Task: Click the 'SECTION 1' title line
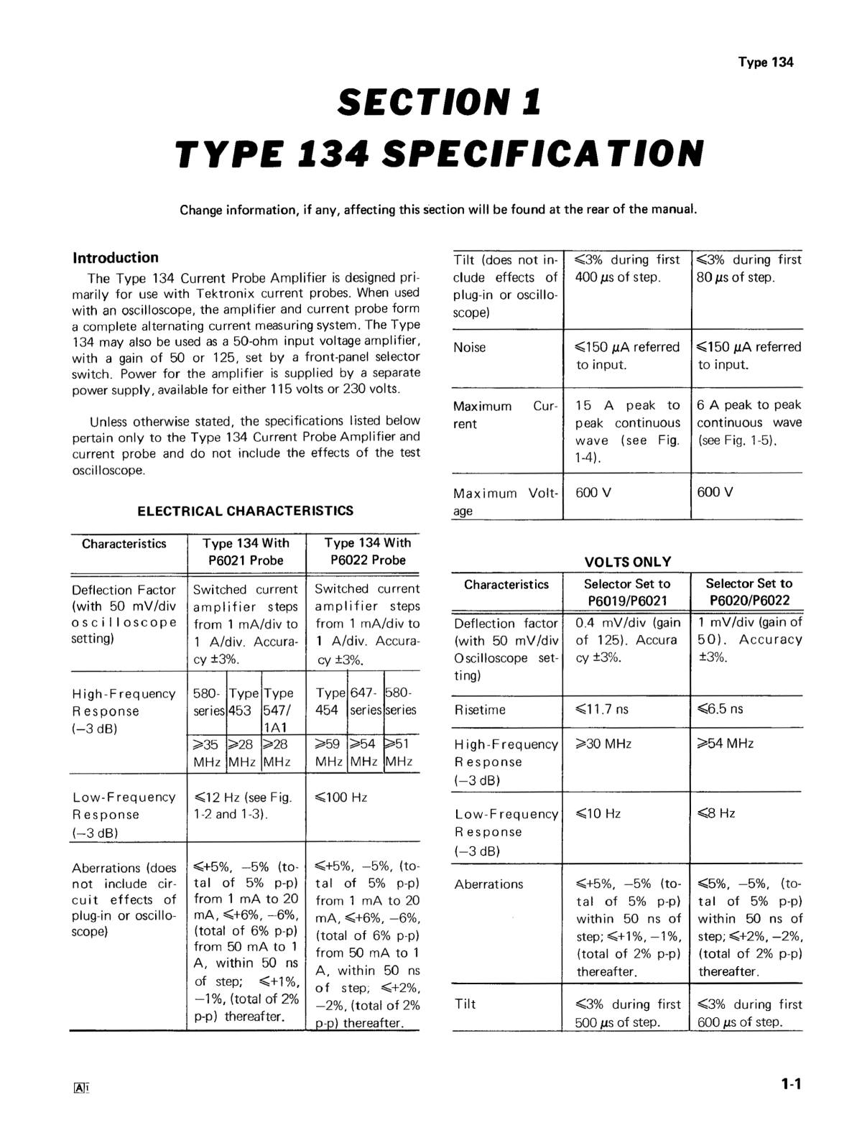[x=438, y=102]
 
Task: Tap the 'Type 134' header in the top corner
[x=765, y=63]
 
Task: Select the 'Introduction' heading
[x=116, y=258]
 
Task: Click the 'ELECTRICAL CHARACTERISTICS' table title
[x=246, y=511]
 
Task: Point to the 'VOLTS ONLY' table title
[x=628, y=562]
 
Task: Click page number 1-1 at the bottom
[x=791, y=1085]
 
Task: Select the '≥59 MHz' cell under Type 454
[x=328, y=753]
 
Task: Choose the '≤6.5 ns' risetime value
[x=720, y=710]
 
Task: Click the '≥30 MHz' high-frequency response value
[x=603, y=744]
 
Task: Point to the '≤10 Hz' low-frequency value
[x=598, y=814]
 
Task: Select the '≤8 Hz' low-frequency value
[x=716, y=814]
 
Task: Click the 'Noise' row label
[x=470, y=348]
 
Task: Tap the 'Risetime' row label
[x=480, y=711]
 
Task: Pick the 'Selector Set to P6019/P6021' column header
[x=626, y=592]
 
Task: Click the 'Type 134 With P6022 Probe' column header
[x=368, y=552]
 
